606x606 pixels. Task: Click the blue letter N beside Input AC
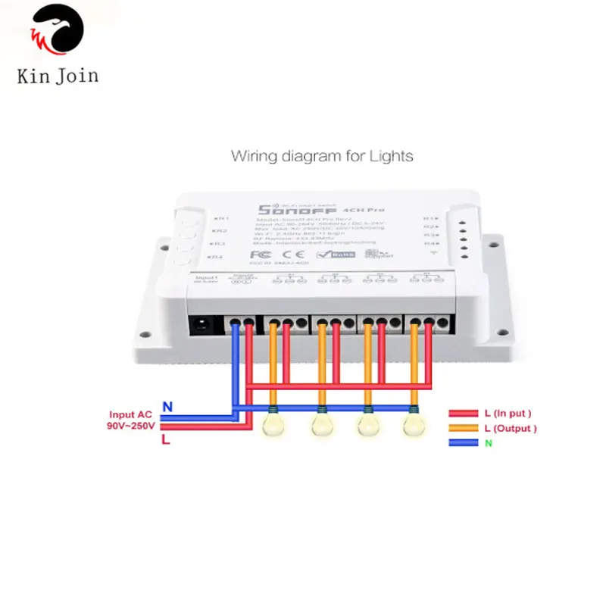coord(167,407)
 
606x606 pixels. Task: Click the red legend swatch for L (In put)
coord(463,414)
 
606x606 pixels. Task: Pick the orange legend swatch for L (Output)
coord(463,429)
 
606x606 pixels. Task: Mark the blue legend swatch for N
coord(463,442)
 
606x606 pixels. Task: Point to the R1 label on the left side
coord(220,218)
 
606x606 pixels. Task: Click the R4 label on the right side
coord(429,244)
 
